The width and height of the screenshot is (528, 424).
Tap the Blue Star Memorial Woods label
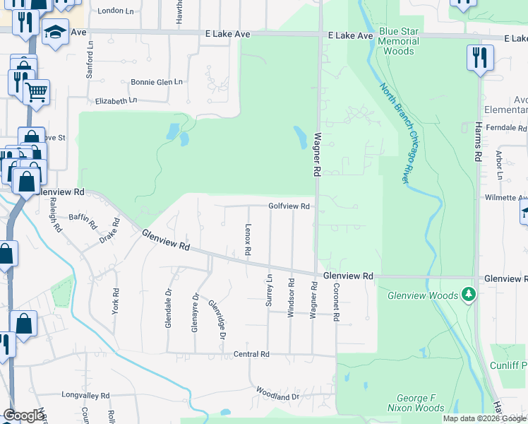click(x=399, y=41)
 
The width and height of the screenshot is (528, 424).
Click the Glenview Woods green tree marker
click(x=467, y=293)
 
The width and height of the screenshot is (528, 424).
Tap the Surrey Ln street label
click(x=269, y=290)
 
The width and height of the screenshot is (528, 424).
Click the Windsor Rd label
click(x=290, y=297)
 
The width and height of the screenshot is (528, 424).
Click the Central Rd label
click(x=251, y=354)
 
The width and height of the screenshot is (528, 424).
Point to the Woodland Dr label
click(x=278, y=397)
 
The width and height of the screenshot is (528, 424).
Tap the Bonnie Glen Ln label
click(x=157, y=82)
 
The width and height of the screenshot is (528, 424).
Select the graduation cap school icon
click(x=54, y=32)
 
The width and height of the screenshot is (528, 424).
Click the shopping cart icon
click(x=36, y=91)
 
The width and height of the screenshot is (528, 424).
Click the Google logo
click(x=23, y=416)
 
